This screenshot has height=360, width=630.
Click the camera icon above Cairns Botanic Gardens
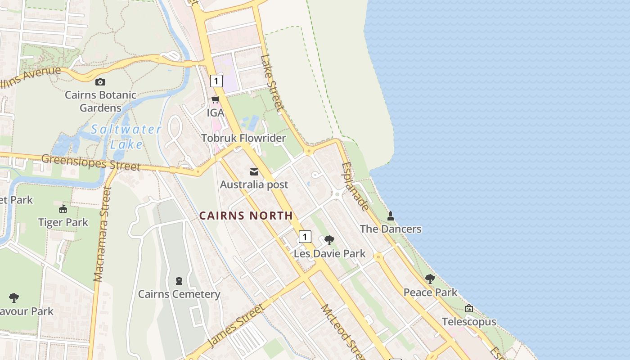point(100,82)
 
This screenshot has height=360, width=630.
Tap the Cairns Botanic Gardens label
point(100,101)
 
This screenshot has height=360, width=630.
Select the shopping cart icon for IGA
point(216,100)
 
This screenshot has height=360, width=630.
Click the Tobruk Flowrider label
point(243,138)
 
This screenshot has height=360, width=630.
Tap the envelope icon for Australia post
point(254,172)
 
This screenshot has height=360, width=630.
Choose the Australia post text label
point(254,184)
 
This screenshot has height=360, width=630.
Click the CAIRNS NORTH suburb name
point(246,216)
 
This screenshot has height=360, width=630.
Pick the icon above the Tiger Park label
point(63,209)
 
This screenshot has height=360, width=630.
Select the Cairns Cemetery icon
point(179,281)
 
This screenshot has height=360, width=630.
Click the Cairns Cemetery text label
point(179,294)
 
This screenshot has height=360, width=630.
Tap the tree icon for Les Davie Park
point(329,240)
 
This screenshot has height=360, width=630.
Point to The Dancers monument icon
point(391,216)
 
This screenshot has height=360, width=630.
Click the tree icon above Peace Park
point(430,279)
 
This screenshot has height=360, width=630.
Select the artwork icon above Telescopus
point(469,309)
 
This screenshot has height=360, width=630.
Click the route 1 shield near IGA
point(216,81)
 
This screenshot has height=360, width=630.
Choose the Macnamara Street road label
point(102,234)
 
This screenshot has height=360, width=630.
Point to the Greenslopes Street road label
point(91,162)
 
